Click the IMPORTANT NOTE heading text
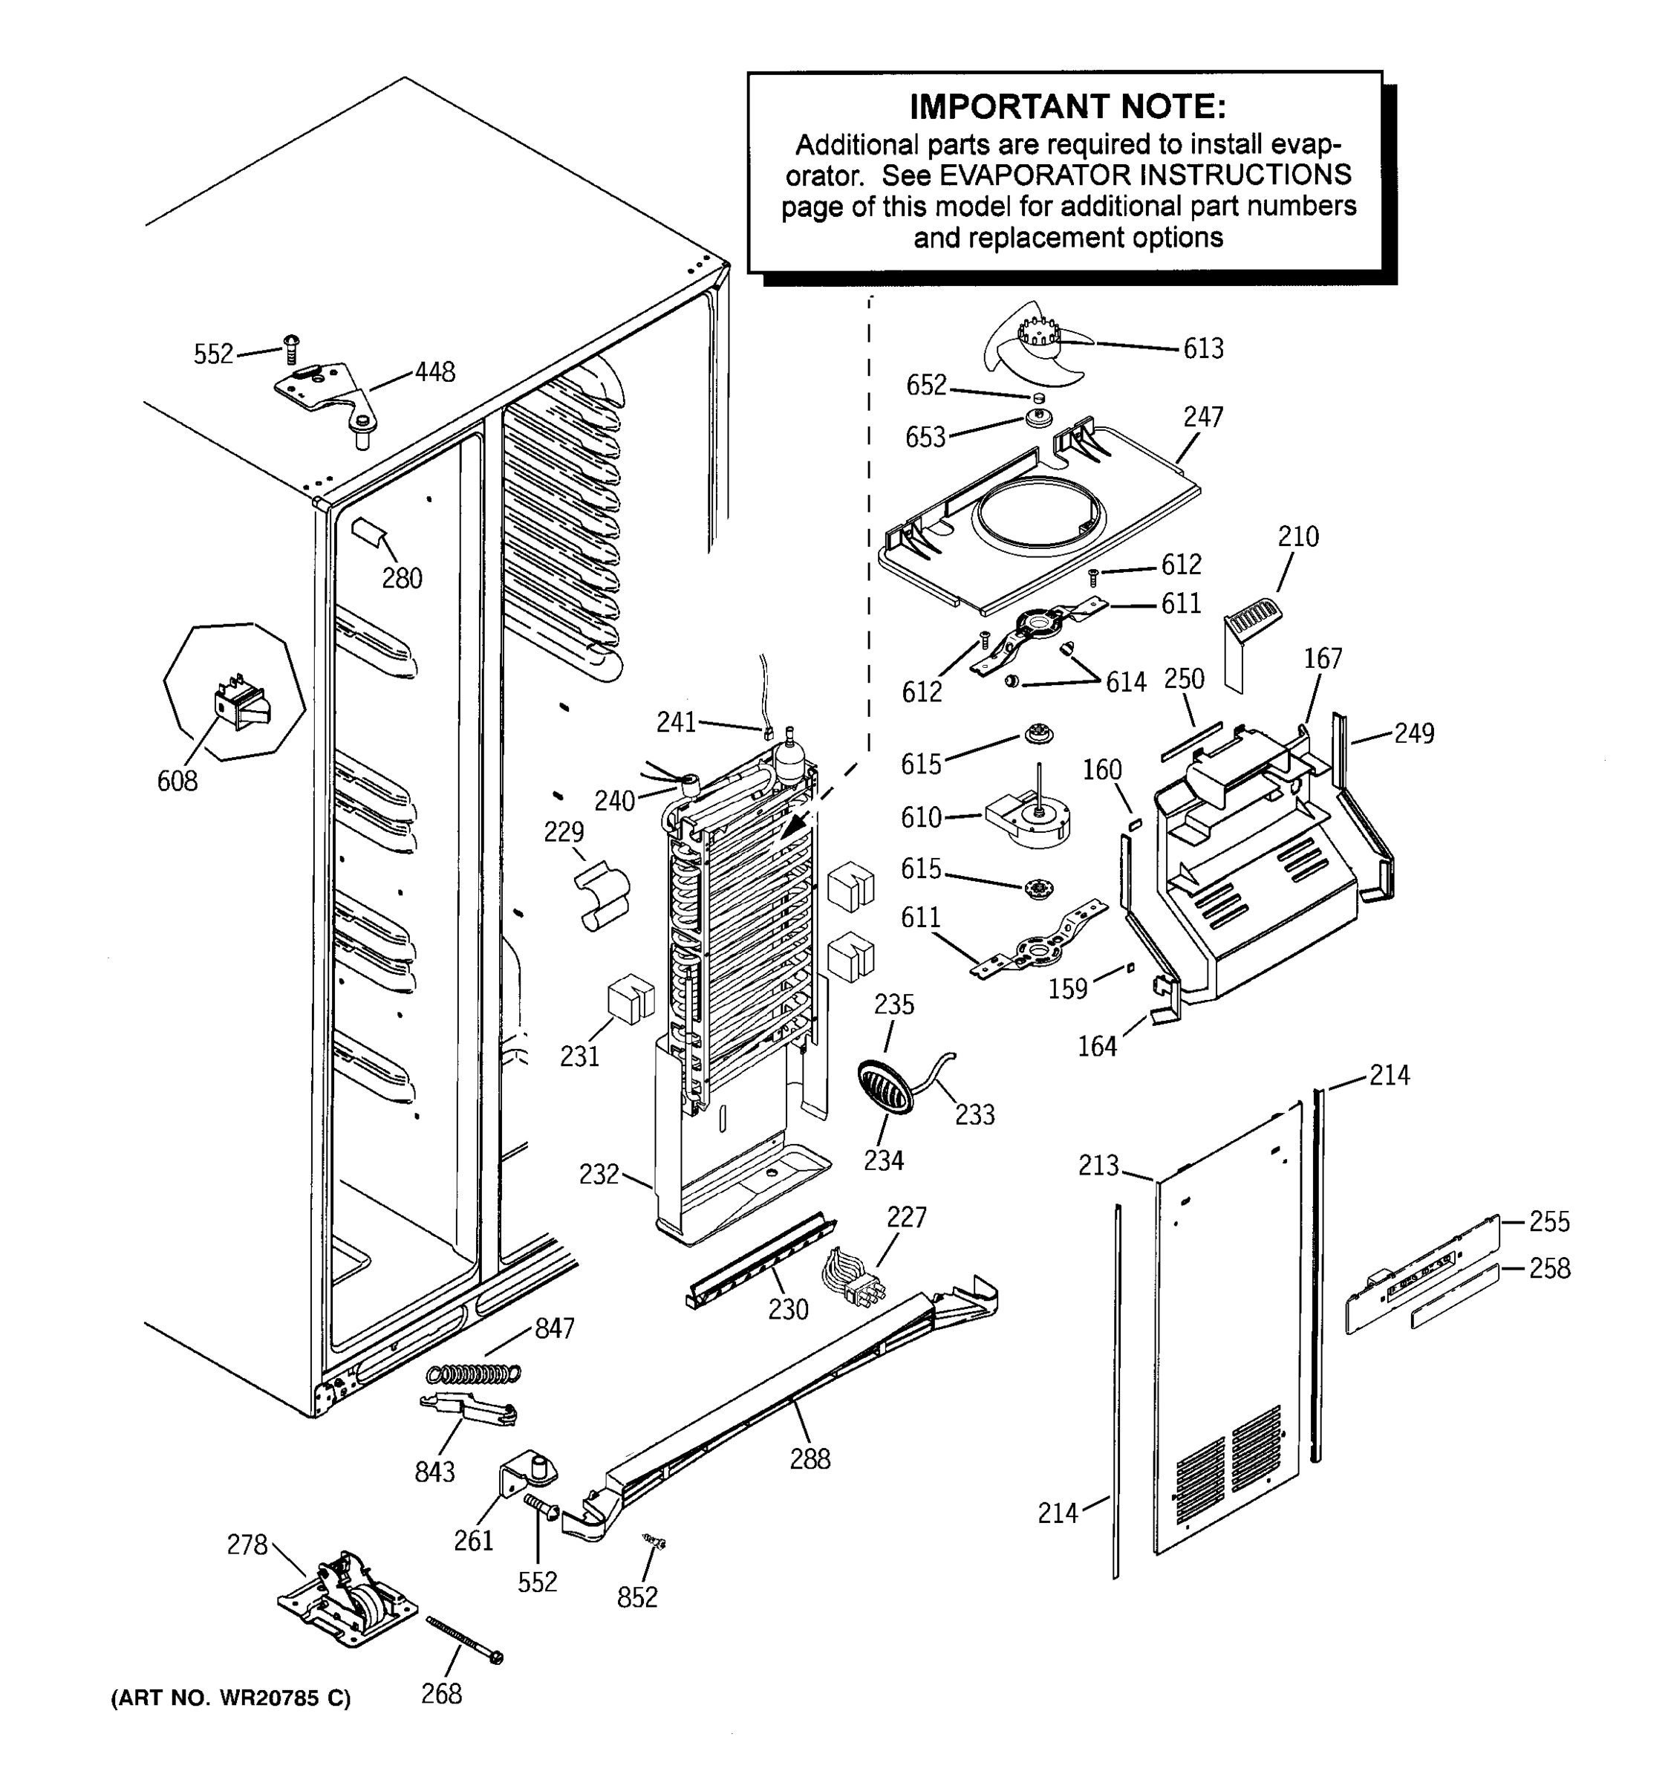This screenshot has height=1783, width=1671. coord(1066,107)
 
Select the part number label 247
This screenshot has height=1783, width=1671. coord(1202,417)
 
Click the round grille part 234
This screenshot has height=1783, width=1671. coord(884,1087)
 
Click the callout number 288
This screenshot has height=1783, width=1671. coord(810,1459)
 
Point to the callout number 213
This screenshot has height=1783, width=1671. coord(1098,1165)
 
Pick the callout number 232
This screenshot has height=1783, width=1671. coord(599,1174)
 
